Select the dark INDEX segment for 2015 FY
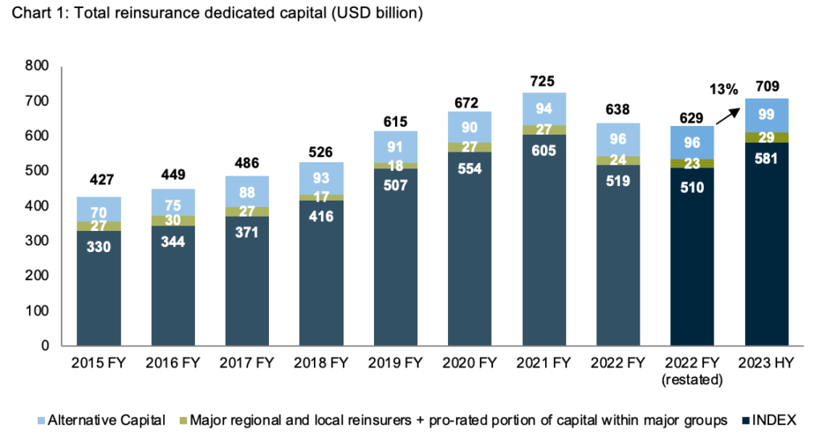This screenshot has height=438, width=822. coord(99,289)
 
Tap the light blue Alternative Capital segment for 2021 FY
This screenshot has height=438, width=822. coord(544,108)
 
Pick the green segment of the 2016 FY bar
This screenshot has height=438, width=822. coord(173,221)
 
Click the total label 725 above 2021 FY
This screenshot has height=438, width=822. coord(544,82)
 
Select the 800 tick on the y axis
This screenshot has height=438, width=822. coord(36,66)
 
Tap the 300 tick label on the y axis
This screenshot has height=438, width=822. coord(36,241)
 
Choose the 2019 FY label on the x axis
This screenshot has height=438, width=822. coord(396,363)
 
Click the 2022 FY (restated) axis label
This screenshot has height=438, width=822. coord(693,370)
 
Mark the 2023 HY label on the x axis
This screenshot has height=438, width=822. coord(767,363)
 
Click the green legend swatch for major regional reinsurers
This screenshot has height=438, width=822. coord(182,419)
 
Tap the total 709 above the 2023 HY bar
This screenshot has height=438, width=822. coord(767,87)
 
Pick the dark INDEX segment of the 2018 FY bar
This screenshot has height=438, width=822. coord(321,273)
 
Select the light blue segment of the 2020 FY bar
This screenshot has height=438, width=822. coord(470,127)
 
